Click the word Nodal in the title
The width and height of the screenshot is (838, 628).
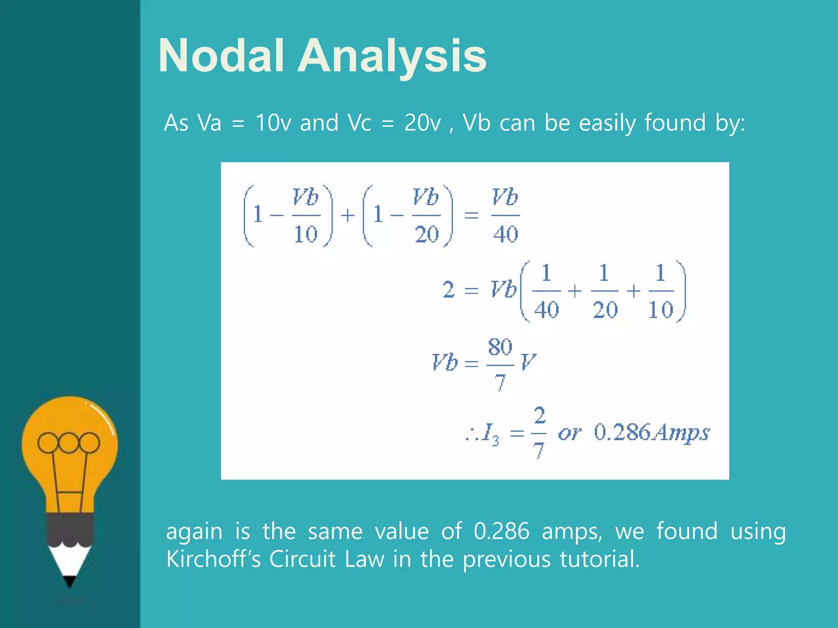click(x=221, y=56)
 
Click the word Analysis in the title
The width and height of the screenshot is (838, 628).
click(x=392, y=56)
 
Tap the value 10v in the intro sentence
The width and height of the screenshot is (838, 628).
click(x=273, y=122)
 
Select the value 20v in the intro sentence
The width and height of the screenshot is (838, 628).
click(x=423, y=122)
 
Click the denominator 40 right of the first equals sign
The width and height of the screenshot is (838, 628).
click(x=506, y=234)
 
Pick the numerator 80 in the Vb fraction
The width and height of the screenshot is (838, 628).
click(x=500, y=347)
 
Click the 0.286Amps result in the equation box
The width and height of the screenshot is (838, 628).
click(x=651, y=433)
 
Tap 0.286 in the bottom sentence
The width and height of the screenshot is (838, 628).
click(x=501, y=531)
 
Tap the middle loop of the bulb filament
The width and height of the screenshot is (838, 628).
click(x=69, y=442)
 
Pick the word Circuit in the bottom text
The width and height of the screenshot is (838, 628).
click(x=302, y=559)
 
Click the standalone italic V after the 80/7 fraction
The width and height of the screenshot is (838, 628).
click(x=528, y=362)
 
